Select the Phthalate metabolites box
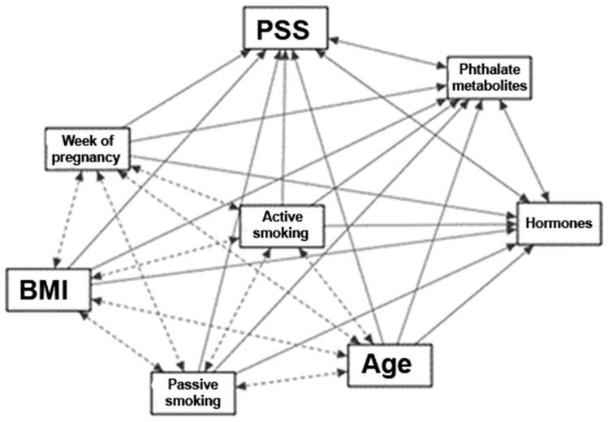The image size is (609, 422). click(489, 77)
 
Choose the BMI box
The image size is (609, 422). click(50, 287)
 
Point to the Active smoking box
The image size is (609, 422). click(282, 225)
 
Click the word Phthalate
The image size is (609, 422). click(488, 69)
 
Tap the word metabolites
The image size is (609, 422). click(489, 85)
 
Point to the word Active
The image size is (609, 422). click(282, 217)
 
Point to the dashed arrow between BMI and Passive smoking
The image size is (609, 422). click(120, 342)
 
